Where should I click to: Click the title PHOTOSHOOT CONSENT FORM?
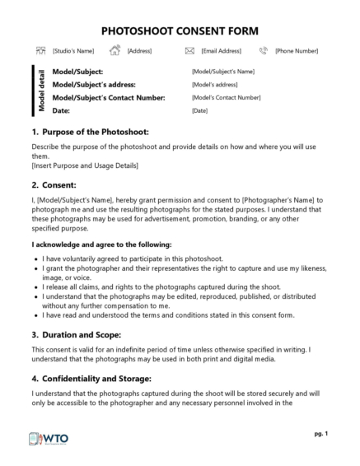[180, 30]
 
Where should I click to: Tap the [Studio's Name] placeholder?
[73, 51]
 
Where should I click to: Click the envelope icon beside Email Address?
[189, 51]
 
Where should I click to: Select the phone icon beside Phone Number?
[264, 51]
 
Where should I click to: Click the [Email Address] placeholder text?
[222, 51]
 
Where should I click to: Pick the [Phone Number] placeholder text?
[297, 51]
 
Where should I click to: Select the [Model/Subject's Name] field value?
[222, 72]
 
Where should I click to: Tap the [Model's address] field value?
[214, 85]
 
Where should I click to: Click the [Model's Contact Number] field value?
[226, 98]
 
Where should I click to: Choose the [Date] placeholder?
[199, 110]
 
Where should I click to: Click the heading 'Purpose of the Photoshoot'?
[95, 132]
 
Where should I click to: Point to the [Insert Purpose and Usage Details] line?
[85, 165]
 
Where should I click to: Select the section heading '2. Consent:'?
[54, 185]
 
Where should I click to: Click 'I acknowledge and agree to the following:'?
[101, 245]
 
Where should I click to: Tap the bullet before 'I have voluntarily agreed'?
[35, 258]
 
